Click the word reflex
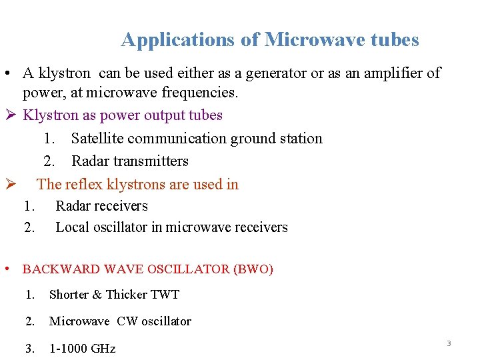[x=86, y=185]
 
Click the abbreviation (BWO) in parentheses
[x=253, y=270]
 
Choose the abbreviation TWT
[x=165, y=295]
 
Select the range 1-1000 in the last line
[x=72, y=349]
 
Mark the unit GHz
[x=104, y=349]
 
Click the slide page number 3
[x=449, y=343]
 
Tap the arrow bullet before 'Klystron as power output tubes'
[x=10, y=115]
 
